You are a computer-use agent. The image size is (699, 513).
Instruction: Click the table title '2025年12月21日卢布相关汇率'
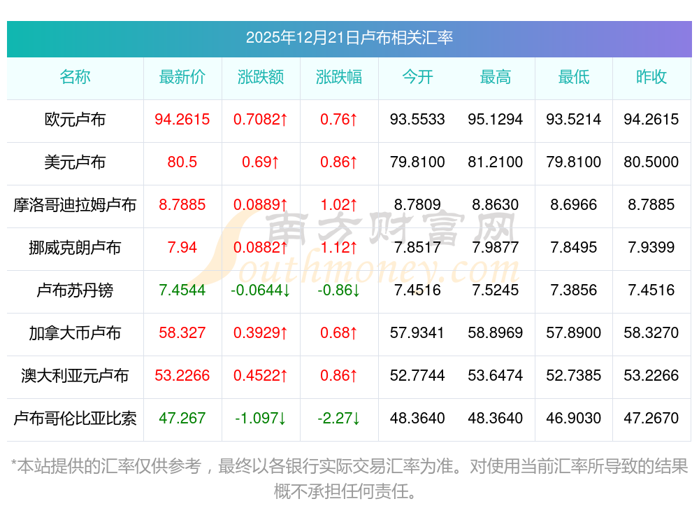pyautogui.click(x=349, y=37)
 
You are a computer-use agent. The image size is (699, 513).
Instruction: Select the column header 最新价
pyautogui.click(x=182, y=77)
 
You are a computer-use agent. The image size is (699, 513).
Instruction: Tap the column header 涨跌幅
pyautogui.click(x=339, y=77)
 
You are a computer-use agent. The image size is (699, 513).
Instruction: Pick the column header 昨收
pyautogui.click(x=651, y=77)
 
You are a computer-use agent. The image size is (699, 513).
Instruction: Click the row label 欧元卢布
pyautogui.click(x=75, y=120)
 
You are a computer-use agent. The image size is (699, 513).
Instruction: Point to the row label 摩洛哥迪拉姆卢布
pyautogui.click(x=75, y=205)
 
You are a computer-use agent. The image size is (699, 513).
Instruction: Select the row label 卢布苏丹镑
pyautogui.click(x=75, y=290)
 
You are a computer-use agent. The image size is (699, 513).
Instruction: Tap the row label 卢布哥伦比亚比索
pyautogui.click(x=75, y=419)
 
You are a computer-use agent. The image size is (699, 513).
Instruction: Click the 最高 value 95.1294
pyautogui.click(x=496, y=120)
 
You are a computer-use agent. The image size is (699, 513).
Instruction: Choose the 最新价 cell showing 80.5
pyautogui.click(x=182, y=162)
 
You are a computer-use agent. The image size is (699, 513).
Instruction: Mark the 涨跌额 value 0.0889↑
pyautogui.click(x=261, y=205)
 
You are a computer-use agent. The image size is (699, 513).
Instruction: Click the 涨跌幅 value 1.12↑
pyautogui.click(x=339, y=248)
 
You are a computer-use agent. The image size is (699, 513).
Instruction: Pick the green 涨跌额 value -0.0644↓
pyautogui.click(x=261, y=290)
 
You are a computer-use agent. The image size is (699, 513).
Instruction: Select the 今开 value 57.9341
pyautogui.click(x=417, y=333)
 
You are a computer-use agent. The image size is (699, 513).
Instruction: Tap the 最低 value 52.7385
pyautogui.click(x=574, y=376)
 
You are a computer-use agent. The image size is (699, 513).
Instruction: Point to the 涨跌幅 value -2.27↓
pyautogui.click(x=339, y=419)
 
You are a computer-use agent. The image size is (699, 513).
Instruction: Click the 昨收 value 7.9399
pyautogui.click(x=651, y=248)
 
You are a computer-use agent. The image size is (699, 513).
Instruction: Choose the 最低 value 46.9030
pyautogui.click(x=574, y=419)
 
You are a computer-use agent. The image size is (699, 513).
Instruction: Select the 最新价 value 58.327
pyautogui.click(x=182, y=333)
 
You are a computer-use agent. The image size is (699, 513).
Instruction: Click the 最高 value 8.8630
pyautogui.click(x=496, y=205)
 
